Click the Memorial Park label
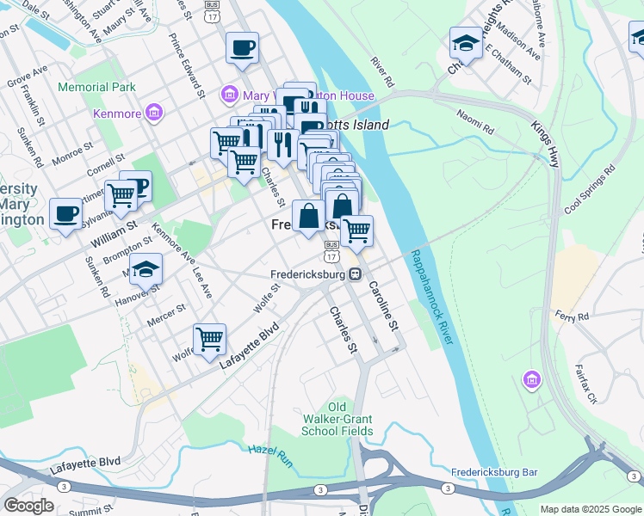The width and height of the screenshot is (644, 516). point(96,87)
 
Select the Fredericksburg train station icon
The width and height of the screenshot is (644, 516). point(354,274)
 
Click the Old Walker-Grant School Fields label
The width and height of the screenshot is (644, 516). point(337,419)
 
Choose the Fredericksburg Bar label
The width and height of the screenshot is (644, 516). point(494,473)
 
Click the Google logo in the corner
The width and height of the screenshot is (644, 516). point(28,506)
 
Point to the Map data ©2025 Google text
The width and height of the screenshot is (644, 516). point(591,509)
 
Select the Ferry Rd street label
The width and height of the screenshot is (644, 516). point(572,315)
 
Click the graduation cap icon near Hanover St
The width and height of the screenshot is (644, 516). point(146,268)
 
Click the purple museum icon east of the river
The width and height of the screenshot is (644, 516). point(531,379)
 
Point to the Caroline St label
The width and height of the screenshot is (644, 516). point(384,307)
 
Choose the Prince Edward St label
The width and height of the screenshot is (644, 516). point(186,65)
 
